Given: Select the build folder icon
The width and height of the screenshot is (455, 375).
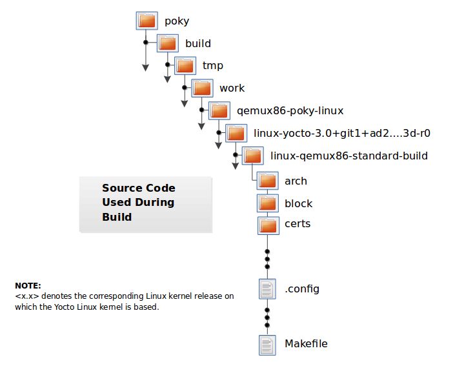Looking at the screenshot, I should point(168,43).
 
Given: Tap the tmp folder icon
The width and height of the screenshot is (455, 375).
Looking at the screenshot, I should point(185,65).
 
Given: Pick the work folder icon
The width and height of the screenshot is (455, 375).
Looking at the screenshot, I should point(202,88).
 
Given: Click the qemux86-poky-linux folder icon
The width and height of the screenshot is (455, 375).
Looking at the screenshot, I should point(219,110).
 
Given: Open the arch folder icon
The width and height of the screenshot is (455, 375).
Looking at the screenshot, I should point(267,181).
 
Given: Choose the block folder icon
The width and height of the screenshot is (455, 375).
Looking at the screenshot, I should point(267,203).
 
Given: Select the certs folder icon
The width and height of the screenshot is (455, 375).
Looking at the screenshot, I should point(267,225).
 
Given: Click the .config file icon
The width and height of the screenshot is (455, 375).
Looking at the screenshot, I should point(267,289).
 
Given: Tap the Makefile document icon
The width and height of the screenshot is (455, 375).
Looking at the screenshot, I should point(267,344).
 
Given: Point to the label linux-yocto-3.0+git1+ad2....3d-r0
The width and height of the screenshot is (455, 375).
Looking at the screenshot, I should point(342,133).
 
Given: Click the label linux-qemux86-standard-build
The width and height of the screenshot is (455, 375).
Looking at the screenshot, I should point(349,156).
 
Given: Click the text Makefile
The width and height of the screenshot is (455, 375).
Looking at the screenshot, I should point(306,343).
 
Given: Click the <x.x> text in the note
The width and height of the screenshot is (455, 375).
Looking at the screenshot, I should point(26,296).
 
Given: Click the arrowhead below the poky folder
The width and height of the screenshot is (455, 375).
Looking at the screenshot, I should point(146,67).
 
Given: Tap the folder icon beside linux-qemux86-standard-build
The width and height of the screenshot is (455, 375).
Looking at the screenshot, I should point(253,156).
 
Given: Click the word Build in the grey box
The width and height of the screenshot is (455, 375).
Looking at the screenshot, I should point(117,217).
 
